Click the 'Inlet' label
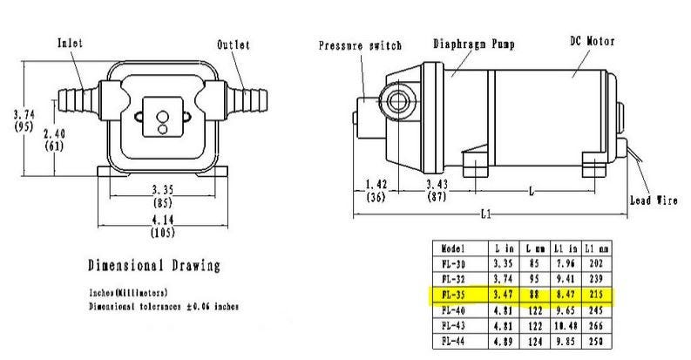click(71, 42)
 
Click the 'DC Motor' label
click(593, 40)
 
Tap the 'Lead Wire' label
click(654, 200)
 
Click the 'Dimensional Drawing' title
click(154, 266)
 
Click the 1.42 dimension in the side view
click(376, 185)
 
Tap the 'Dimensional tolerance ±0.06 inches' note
click(164, 307)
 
